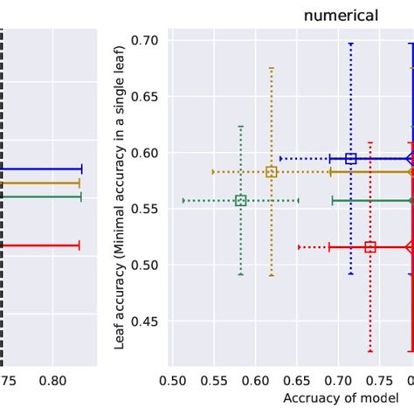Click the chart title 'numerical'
click(341, 14)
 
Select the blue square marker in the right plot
click(351, 159)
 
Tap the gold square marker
click(272, 172)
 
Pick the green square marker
click(241, 201)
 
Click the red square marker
click(370, 247)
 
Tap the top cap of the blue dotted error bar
click(351, 43)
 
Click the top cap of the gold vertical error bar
click(272, 67)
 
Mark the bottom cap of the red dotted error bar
click(370, 351)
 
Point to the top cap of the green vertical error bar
click(241, 127)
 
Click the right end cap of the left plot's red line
click(79, 246)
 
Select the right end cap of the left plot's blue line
click(81, 169)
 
